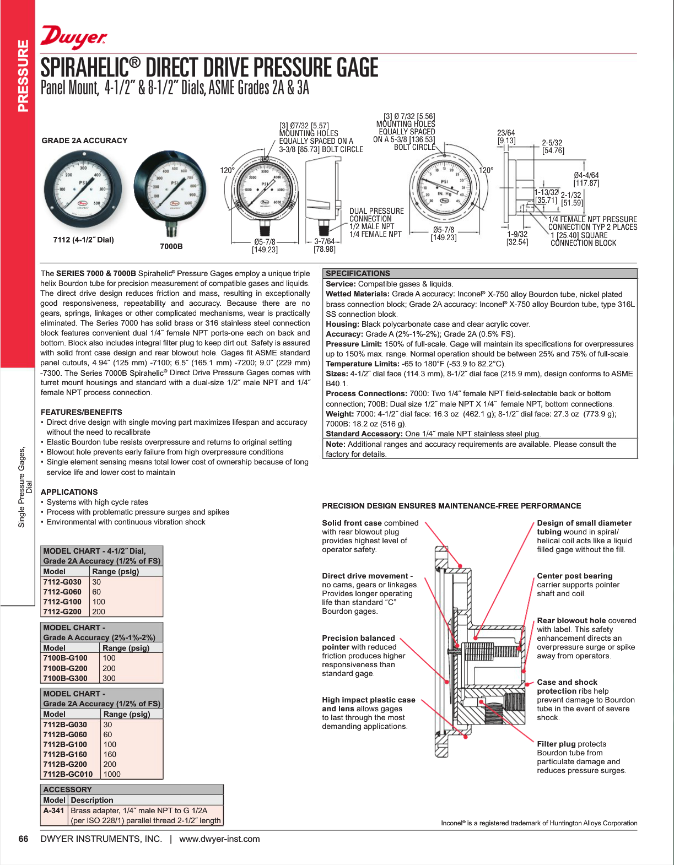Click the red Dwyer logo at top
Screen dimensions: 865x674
point(73,38)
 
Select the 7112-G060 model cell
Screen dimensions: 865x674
point(62,592)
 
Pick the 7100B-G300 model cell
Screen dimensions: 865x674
point(65,678)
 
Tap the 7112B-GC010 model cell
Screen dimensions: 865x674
point(68,774)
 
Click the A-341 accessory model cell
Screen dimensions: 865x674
point(53,810)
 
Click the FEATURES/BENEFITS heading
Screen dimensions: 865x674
point(82,412)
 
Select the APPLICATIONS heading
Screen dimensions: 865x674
point(69,492)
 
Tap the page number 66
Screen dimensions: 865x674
point(23,839)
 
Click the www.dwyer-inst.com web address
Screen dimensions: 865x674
point(219,839)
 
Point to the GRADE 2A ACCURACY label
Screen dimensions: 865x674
point(84,140)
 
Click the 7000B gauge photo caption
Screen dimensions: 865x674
point(171,246)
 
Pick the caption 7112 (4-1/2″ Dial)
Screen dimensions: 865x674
point(83,240)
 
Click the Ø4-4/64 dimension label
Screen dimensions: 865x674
point(586,175)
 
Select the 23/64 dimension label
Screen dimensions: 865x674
point(506,133)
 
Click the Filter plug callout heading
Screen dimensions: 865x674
point(556,744)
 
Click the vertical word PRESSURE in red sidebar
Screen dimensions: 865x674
point(23,76)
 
